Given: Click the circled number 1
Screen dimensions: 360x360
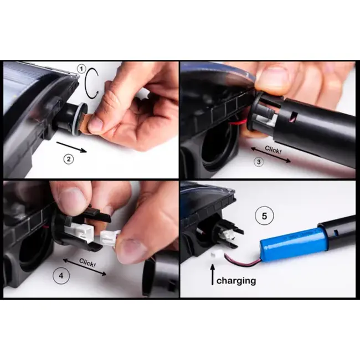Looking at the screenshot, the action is [81, 69].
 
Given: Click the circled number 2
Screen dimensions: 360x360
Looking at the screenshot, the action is [69, 159].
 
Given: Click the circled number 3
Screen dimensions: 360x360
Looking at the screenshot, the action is [259, 162].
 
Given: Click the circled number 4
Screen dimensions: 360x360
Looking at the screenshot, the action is [61, 275].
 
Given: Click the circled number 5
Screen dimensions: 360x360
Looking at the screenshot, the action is [264, 216].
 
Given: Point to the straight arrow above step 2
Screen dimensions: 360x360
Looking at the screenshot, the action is [71, 147].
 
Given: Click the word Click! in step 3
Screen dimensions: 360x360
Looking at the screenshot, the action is [273, 150].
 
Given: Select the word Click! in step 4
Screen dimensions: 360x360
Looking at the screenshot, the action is [88, 263].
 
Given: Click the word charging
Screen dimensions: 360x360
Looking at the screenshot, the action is [236, 281].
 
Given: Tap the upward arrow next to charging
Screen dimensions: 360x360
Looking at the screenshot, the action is [213, 274].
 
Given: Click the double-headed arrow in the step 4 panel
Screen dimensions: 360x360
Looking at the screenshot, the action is [85, 266].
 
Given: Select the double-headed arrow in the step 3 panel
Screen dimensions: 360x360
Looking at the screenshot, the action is [271, 155].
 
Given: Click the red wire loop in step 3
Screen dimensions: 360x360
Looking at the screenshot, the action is [238, 122].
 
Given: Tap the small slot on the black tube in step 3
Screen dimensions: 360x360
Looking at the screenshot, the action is [293, 116].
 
